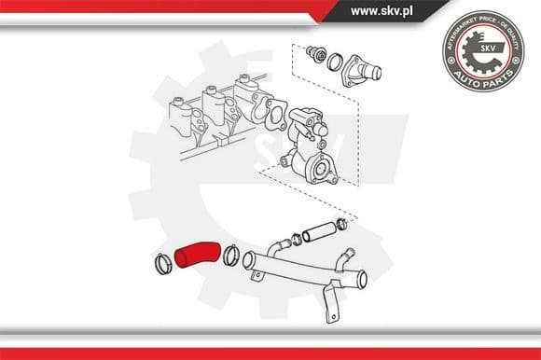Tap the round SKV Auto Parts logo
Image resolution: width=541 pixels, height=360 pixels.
(482, 50)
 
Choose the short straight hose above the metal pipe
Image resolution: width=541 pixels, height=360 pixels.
(318, 228)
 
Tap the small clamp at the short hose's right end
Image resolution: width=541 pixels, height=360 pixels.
(341, 223)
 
